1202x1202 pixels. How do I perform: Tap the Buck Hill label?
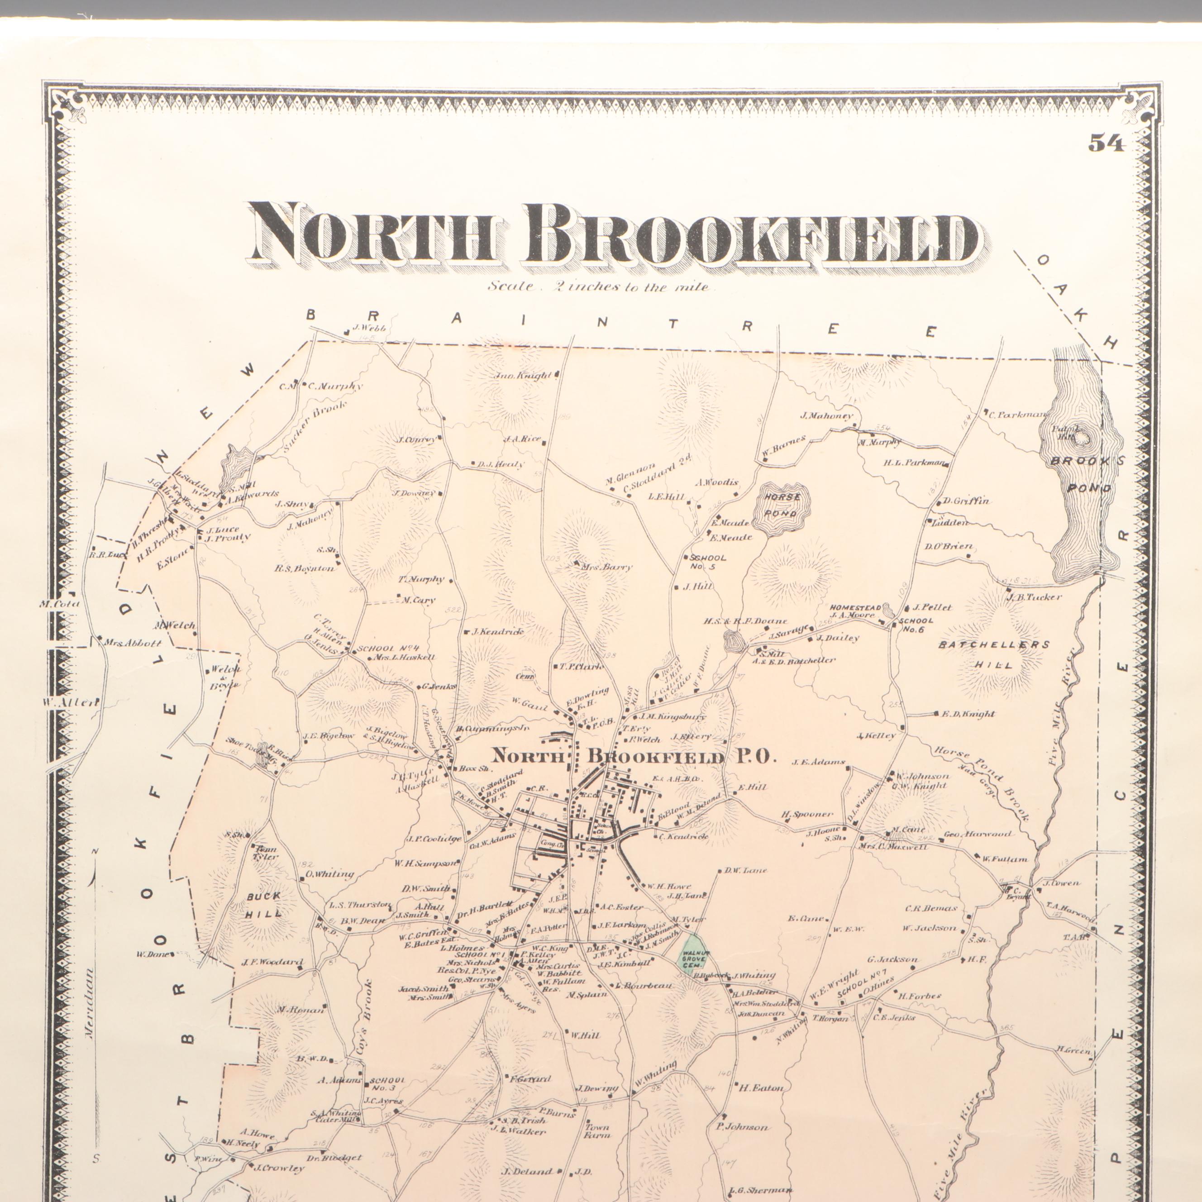tap(264, 905)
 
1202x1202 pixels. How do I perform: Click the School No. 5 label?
tap(708, 562)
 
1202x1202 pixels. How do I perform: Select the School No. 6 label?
tap(916, 625)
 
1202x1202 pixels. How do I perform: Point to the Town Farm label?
tap(596, 1130)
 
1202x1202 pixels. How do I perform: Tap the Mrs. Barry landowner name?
tap(606, 567)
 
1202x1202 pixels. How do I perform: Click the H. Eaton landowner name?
tap(760, 1088)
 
